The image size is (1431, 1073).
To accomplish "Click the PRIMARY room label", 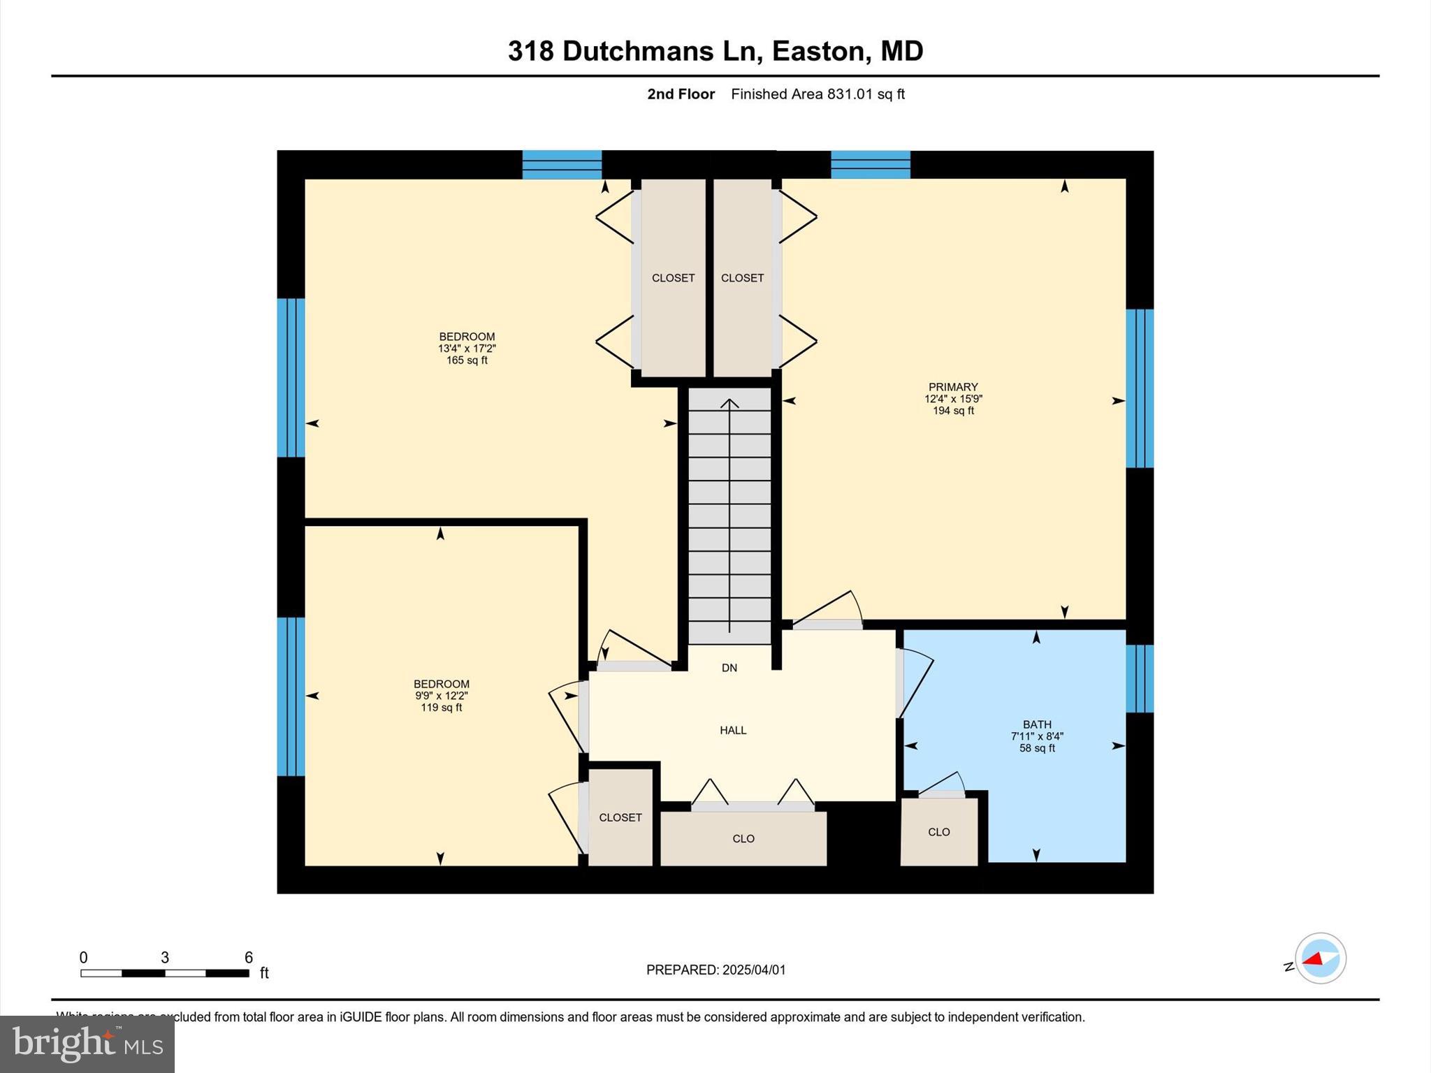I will (x=952, y=387).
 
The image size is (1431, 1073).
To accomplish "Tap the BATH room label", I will (x=1036, y=724).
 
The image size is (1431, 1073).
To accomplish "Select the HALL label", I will (x=733, y=730).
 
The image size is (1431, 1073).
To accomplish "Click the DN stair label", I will (x=729, y=668).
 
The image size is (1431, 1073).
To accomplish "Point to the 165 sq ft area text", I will (x=467, y=360).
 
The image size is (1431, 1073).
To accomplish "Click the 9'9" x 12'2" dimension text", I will (x=441, y=696).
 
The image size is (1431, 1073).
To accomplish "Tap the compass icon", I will (x=1320, y=958).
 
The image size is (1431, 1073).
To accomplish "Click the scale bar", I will (x=165, y=972).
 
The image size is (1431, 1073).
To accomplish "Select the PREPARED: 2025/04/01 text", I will (x=715, y=970).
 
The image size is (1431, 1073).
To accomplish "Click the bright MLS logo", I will (x=87, y=1044).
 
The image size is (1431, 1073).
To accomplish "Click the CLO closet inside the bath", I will (x=938, y=832).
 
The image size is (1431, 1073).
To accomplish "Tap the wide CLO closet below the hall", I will (x=743, y=838).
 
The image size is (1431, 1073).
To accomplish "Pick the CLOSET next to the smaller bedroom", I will (x=620, y=817).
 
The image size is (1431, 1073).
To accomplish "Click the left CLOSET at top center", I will (x=673, y=278).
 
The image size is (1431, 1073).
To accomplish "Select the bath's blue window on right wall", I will (x=1139, y=678).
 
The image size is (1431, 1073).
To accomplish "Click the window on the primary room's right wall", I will (x=1139, y=388).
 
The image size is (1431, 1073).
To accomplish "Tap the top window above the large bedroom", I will (x=562, y=165).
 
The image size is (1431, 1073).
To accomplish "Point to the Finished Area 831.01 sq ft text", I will (x=818, y=94).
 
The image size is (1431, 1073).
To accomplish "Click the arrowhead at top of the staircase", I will (x=729, y=403).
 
